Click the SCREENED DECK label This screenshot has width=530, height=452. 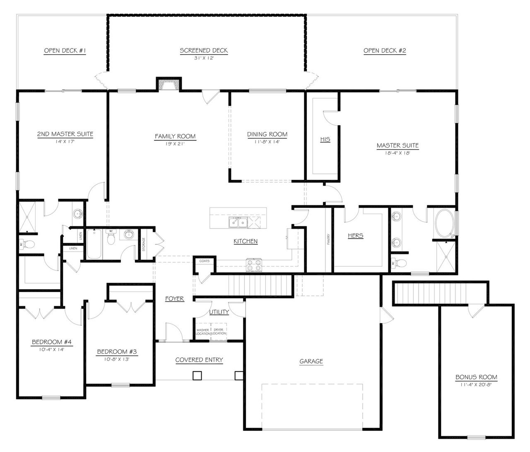point(203,51)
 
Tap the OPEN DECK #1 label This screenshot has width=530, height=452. point(65,51)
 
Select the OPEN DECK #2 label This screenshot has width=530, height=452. point(384,51)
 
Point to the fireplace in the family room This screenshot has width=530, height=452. point(169,84)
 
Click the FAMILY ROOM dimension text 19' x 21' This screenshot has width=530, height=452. point(175,143)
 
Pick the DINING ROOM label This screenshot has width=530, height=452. point(267,134)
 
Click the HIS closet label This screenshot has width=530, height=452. point(325,139)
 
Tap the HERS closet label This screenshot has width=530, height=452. point(355,236)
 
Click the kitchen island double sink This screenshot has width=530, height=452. point(238,222)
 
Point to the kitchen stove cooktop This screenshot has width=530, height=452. point(254,265)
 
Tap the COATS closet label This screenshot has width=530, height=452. point(205,261)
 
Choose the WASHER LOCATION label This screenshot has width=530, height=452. point(203,331)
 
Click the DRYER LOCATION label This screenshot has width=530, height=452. point(219,331)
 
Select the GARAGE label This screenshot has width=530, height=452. point(311,361)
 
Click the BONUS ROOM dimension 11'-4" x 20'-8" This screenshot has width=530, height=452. point(476,384)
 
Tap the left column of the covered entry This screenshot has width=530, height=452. point(197,375)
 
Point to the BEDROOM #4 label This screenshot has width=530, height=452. point(52,342)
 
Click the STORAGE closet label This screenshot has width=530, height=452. point(144,244)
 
